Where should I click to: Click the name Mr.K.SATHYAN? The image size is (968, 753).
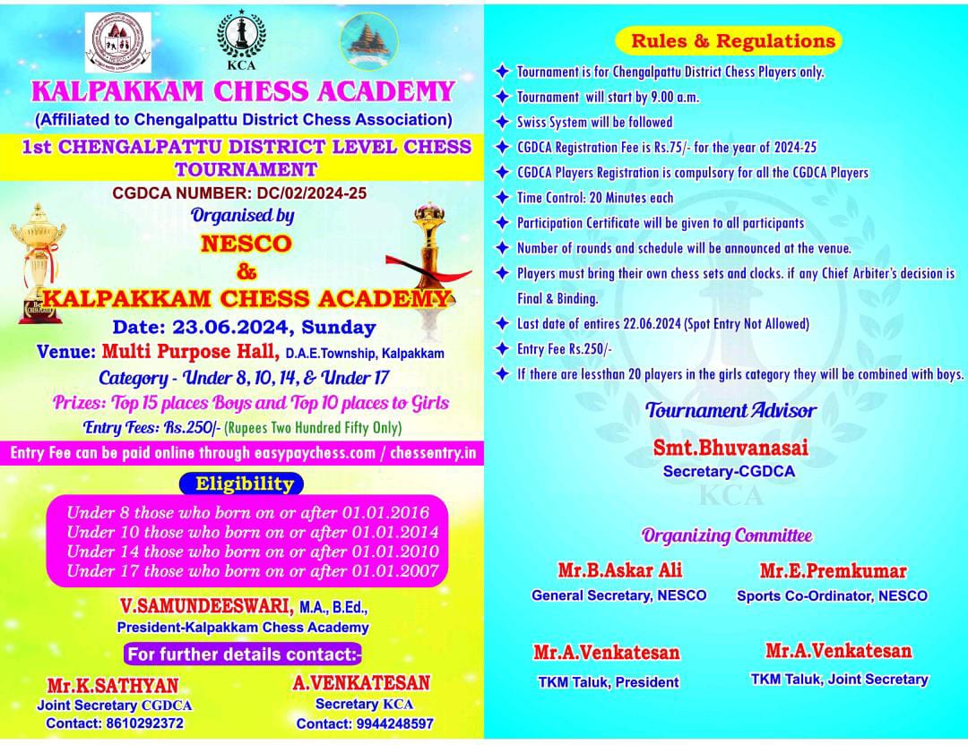click(x=113, y=685)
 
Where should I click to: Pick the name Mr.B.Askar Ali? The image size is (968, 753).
click(x=618, y=571)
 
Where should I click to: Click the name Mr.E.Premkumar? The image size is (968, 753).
click(x=833, y=571)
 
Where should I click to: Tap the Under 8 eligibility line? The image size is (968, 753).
click(x=248, y=513)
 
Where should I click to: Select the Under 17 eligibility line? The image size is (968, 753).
click(x=253, y=570)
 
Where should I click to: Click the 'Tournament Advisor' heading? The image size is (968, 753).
click(x=730, y=411)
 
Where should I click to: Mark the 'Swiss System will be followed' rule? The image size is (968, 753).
click(x=594, y=121)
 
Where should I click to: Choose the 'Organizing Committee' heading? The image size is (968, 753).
click(x=727, y=535)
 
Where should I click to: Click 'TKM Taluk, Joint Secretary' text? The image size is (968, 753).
click(x=839, y=679)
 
